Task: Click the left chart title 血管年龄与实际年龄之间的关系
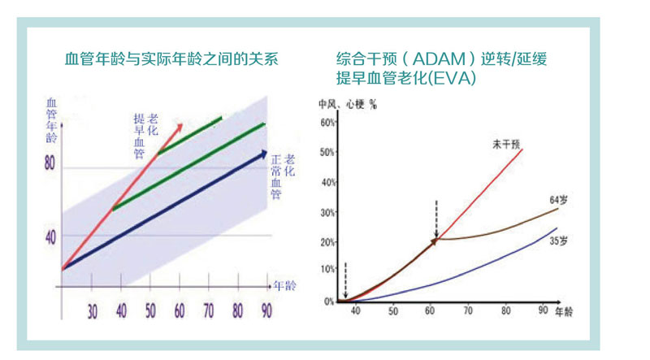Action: (x=171, y=59)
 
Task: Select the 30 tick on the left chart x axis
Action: (x=93, y=310)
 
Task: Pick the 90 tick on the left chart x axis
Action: (x=266, y=310)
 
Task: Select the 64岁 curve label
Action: (x=557, y=201)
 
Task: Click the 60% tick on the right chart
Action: (x=327, y=123)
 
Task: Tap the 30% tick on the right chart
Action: (x=327, y=212)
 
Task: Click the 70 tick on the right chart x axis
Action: (x=468, y=311)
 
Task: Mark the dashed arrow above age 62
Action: (x=436, y=219)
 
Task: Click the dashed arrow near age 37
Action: (x=345, y=281)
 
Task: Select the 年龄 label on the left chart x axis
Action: (x=285, y=286)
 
